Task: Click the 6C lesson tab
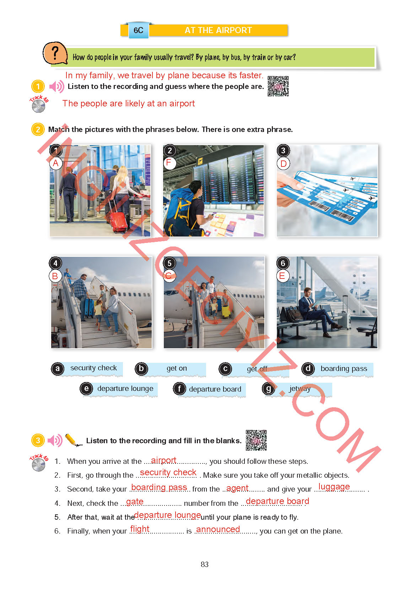coord(138,30)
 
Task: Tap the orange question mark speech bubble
coord(55,53)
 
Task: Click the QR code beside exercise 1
coord(278,86)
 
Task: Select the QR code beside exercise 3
coord(256,440)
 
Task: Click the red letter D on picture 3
coord(283,163)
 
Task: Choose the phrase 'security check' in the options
coord(93,368)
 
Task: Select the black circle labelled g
coord(269,389)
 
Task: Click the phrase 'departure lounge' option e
coord(125,388)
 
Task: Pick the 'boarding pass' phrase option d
coord(344,369)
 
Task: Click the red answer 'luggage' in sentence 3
coord(334,487)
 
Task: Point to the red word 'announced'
coord(218,529)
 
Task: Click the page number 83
coord(204,564)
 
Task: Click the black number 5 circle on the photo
coord(169,263)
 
